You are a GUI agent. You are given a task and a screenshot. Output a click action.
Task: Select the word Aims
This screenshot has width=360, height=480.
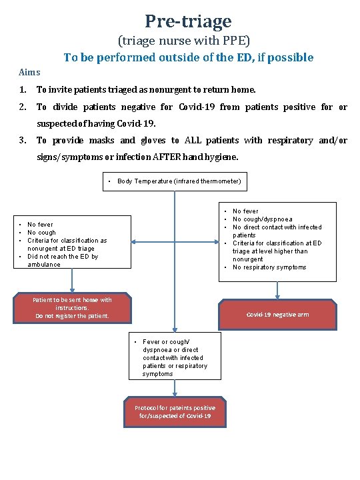[x=29, y=72]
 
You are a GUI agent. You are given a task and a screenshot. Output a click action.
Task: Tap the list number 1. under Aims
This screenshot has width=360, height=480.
[x=23, y=89]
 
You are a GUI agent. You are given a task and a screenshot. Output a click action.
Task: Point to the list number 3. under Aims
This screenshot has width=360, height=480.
[x=23, y=140]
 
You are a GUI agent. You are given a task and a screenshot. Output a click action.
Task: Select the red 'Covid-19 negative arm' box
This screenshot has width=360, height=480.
[x=277, y=315]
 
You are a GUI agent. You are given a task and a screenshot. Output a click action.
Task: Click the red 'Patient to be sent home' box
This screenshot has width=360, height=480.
[x=72, y=308]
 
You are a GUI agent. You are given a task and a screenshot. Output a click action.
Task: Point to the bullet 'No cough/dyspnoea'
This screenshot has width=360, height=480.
[x=262, y=219]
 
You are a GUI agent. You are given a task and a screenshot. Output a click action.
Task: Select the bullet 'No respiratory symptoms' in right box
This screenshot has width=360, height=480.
[x=269, y=267]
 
